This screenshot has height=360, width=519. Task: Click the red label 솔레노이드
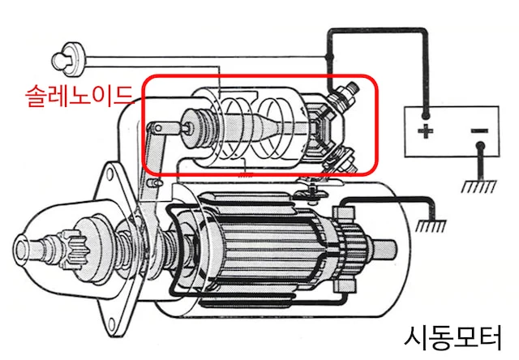click(79, 96)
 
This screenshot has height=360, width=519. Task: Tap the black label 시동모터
click(453, 337)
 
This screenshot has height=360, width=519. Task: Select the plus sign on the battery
click(425, 131)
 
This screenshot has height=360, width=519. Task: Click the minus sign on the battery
click(479, 131)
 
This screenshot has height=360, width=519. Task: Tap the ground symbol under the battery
click(479, 186)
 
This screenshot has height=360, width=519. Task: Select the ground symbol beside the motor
click(431, 226)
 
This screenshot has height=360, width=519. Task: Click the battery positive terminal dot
click(425, 115)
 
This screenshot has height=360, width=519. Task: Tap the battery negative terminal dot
click(479, 146)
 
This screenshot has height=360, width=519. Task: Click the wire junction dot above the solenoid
click(328, 57)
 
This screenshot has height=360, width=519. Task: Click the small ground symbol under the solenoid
click(245, 175)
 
